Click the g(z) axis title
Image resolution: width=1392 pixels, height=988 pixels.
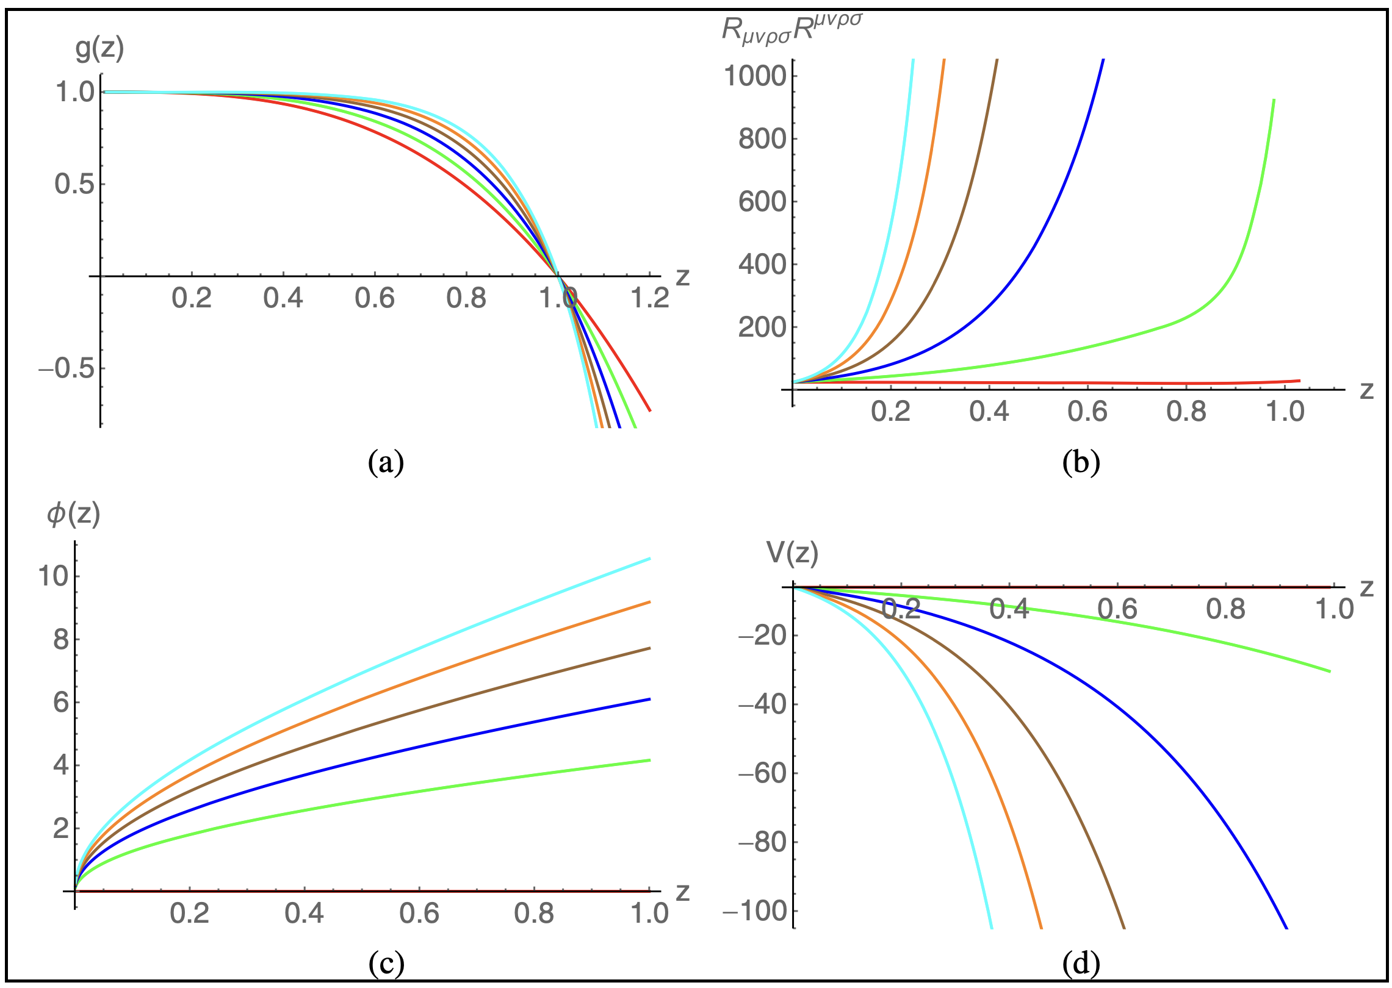(x=99, y=49)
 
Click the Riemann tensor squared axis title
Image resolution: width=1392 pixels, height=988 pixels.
(x=792, y=28)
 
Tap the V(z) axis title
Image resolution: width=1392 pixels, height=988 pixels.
(x=792, y=553)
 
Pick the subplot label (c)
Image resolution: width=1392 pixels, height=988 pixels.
(x=386, y=963)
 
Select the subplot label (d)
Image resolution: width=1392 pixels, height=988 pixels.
(x=1081, y=963)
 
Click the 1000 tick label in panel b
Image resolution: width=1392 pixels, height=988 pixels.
(x=754, y=76)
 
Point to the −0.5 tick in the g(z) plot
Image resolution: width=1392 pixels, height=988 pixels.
(x=67, y=368)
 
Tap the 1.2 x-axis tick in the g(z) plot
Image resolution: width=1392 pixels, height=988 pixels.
(x=649, y=298)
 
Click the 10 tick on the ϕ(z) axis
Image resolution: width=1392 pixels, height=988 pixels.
(x=54, y=575)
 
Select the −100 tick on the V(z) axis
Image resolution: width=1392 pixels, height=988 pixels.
(x=754, y=911)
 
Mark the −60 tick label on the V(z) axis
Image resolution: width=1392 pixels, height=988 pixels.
(x=762, y=773)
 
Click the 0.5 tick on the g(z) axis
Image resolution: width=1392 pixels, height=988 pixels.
(x=74, y=184)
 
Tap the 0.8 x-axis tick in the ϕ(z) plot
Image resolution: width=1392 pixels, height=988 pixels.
(x=534, y=914)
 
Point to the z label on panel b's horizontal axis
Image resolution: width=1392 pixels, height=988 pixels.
(x=1366, y=390)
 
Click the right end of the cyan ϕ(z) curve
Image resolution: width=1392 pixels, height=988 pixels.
(x=650, y=559)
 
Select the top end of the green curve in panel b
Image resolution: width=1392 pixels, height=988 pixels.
(x=1274, y=100)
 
